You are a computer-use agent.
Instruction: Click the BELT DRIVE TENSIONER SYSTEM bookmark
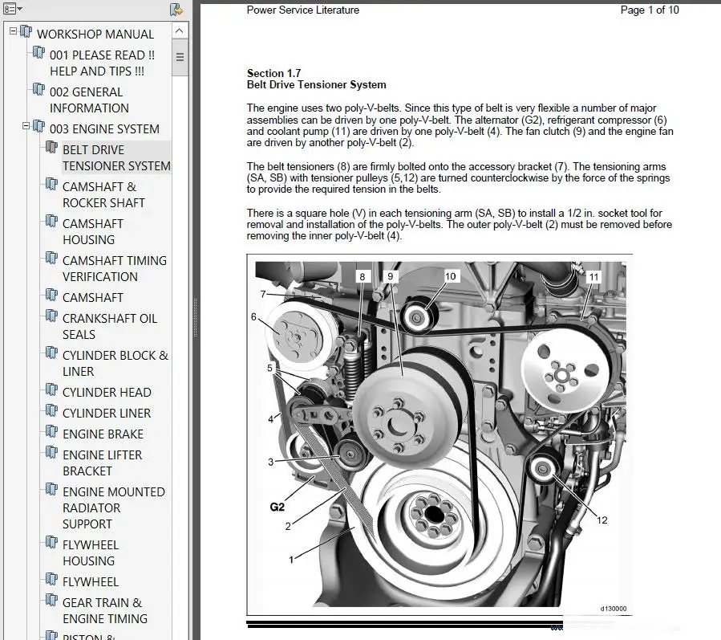[x=115, y=157]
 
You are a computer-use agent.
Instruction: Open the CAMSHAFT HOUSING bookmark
[x=92, y=231]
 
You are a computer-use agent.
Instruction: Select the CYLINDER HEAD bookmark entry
[x=107, y=392]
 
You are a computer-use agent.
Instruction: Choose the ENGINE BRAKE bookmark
[x=103, y=434]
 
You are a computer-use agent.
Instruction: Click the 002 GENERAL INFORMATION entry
[x=88, y=100]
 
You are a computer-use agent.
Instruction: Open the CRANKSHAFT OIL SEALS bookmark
[x=109, y=326]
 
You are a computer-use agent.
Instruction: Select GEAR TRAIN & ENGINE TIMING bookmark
[x=104, y=610]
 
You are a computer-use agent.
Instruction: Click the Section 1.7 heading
[x=274, y=74]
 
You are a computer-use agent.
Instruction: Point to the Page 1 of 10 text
[x=650, y=10]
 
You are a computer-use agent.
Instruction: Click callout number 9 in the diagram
[x=391, y=276]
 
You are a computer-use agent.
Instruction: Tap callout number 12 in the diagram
[x=602, y=520]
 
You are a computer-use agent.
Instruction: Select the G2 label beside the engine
[x=277, y=508]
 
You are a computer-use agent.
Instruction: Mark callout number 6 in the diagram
[x=254, y=316]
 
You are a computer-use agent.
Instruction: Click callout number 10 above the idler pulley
[x=450, y=276]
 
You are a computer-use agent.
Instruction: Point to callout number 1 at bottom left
[x=292, y=556]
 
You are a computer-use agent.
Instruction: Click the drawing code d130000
[x=614, y=609]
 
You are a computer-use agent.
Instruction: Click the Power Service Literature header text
[x=302, y=10]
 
